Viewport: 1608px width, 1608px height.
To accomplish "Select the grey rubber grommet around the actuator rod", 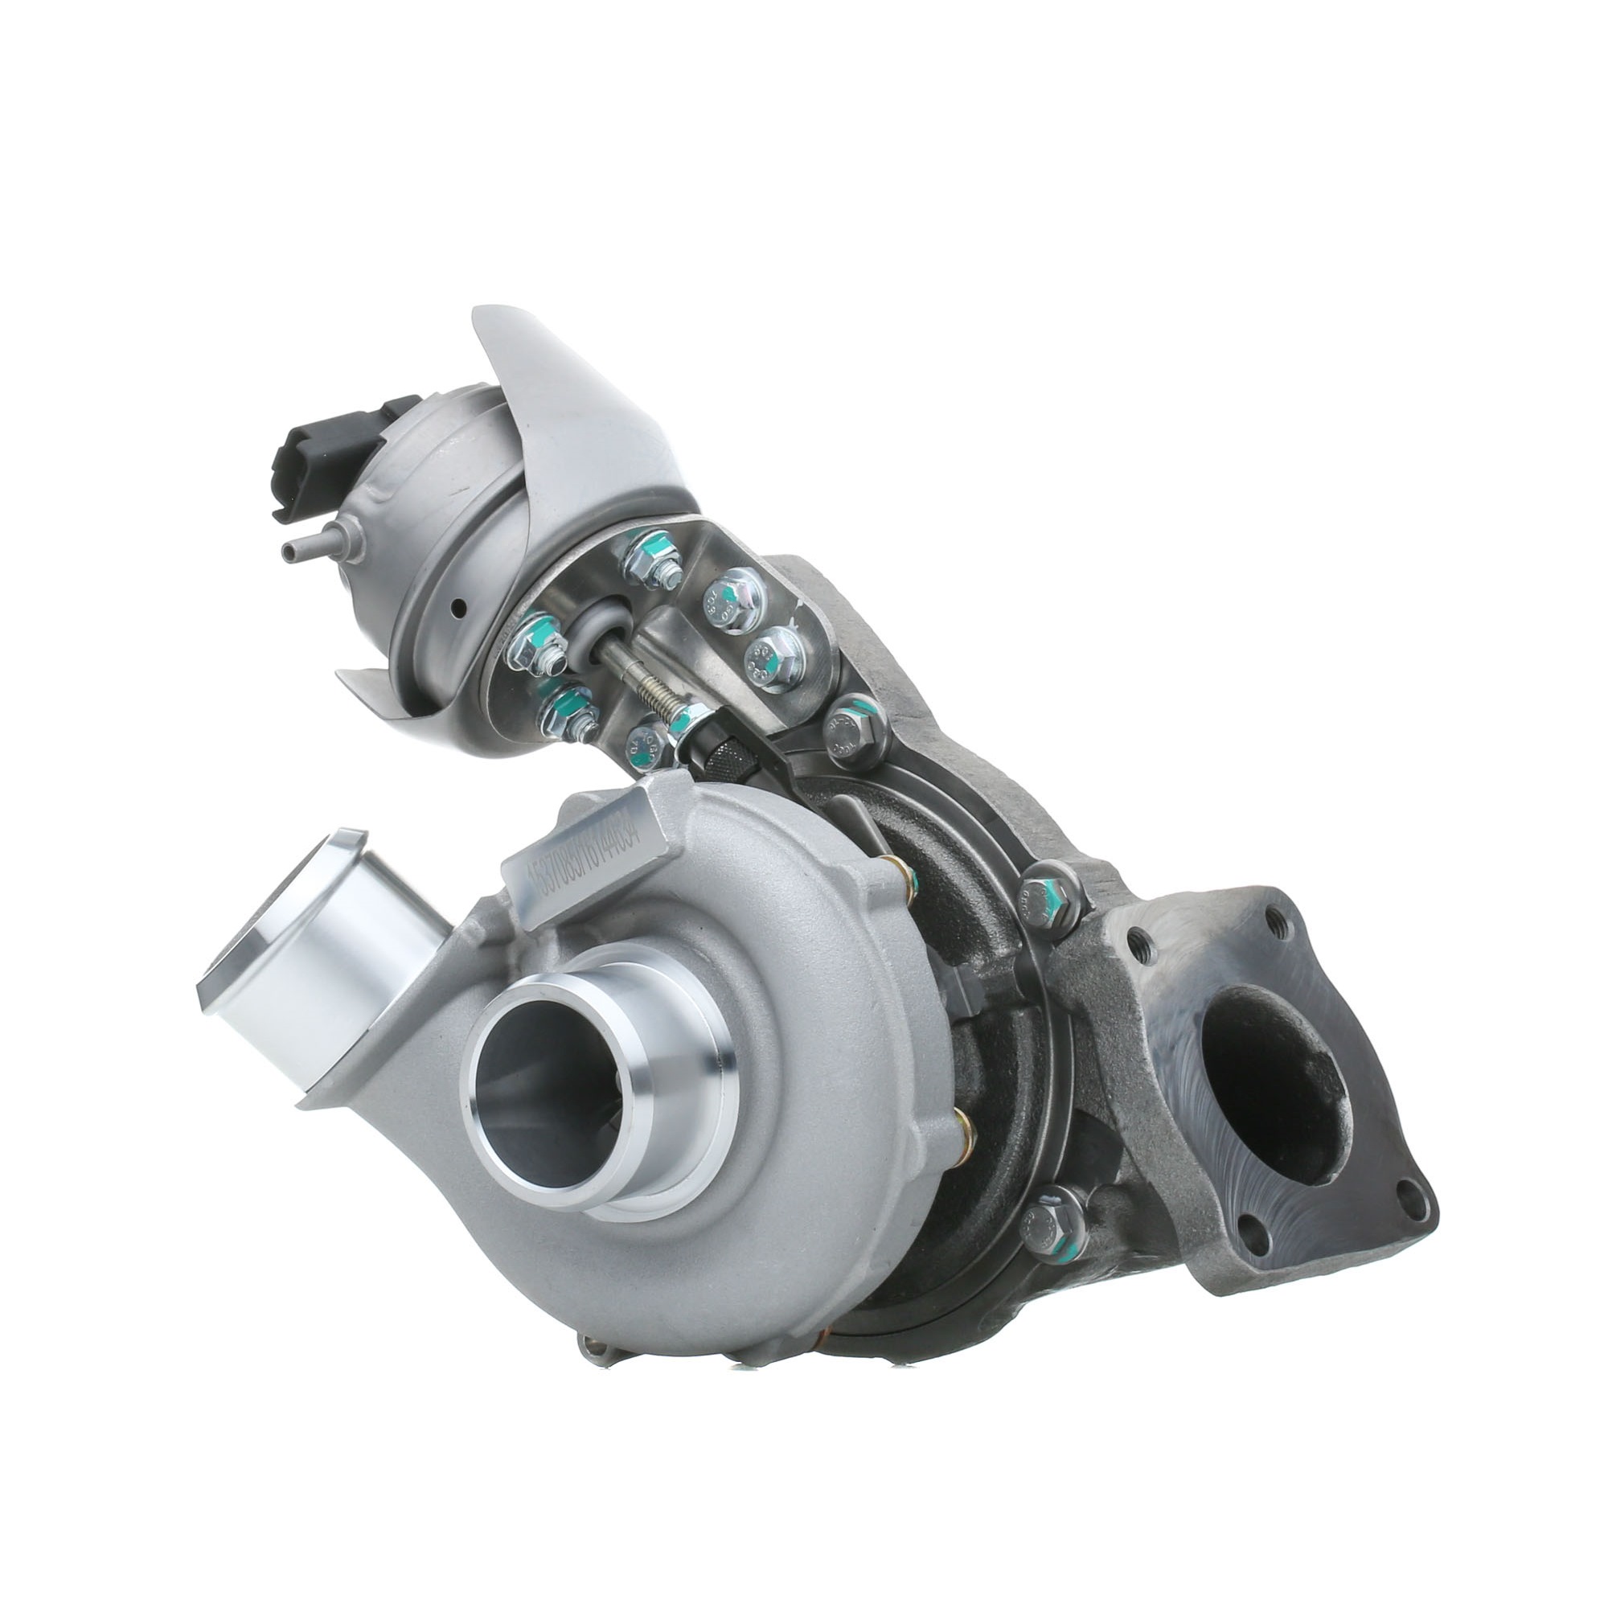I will point(597,630).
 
